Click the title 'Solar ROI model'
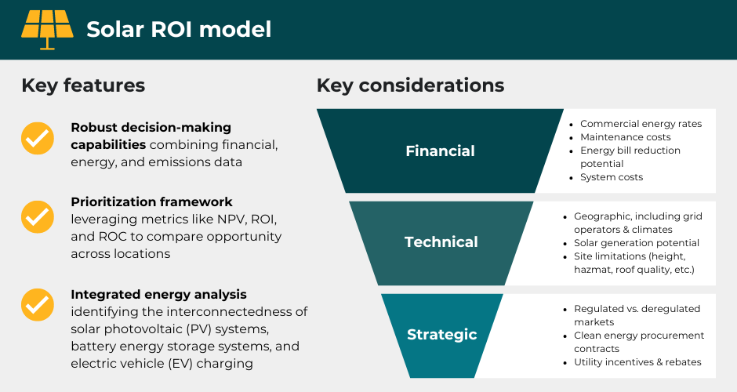pyautogui.click(x=179, y=30)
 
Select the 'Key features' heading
pyautogui.click(x=83, y=85)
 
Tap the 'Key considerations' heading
pyautogui.click(x=410, y=85)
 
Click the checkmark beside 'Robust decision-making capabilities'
pyautogui.click(x=37, y=138)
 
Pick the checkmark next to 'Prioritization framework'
pyautogui.click(x=37, y=216)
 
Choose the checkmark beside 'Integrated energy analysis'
pyautogui.click(x=37, y=305)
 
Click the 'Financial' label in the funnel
pyautogui.click(x=440, y=151)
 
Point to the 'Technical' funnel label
pyautogui.click(x=441, y=242)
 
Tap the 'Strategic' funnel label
pyautogui.click(x=441, y=335)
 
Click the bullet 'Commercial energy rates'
pyautogui.click(x=641, y=124)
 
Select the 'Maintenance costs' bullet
pyautogui.click(x=625, y=137)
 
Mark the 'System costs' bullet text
pyautogui.click(x=612, y=177)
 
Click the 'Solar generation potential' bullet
pyautogui.click(x=636, y=243)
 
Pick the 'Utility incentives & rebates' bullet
pyautogui.click(x=637, y=362)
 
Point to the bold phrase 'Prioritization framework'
pyautogui.click(x=151, y=202)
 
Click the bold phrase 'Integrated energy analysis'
pyautogui.click(x=158, y=295)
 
